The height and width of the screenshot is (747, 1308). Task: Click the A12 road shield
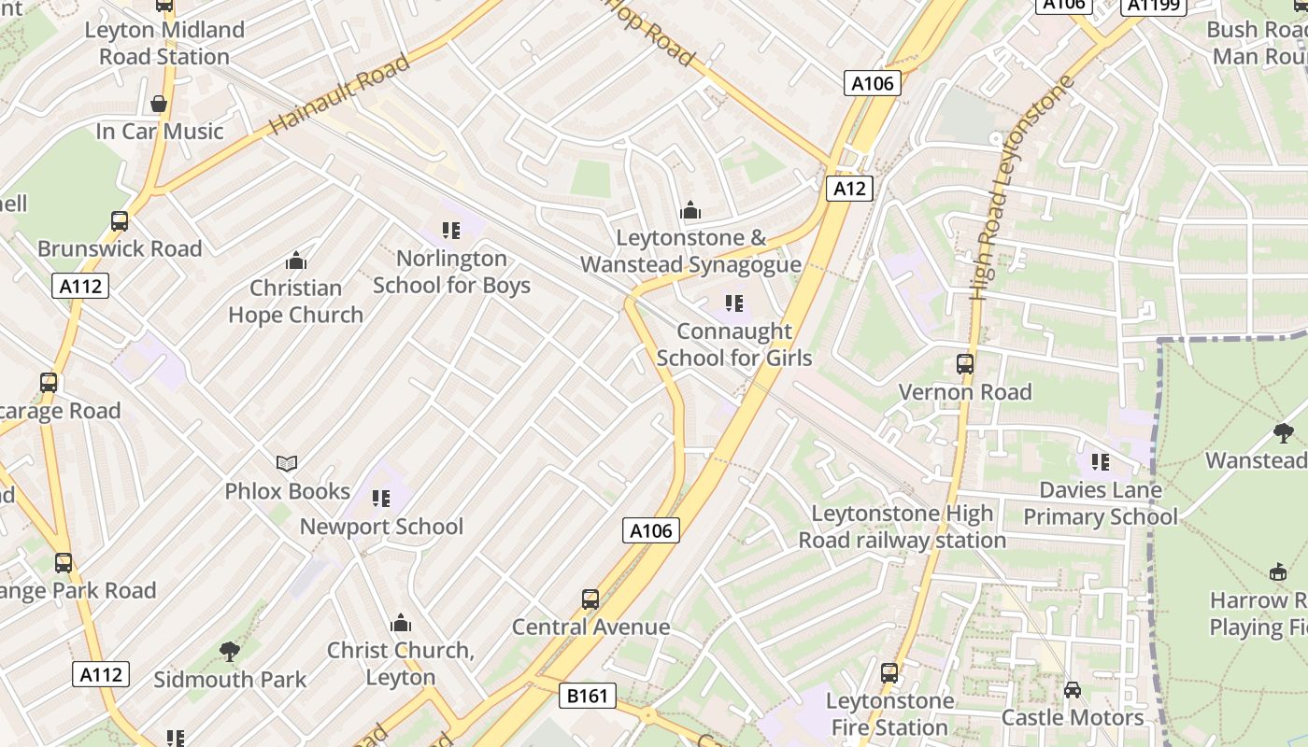click(849, 189)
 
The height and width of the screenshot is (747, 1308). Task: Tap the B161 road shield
click(589, 696)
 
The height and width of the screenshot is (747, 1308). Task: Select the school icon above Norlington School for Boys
click(451, 230)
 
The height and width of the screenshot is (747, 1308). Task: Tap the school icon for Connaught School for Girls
click(734, 303)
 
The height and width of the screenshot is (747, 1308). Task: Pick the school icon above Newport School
click(380, 499)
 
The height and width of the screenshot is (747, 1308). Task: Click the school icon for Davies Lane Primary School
click(1100, 461)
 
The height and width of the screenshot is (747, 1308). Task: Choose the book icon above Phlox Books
click(287, 463)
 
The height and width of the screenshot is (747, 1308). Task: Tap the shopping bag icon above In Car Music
click(159, 104)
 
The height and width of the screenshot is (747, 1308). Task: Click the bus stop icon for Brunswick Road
click(120, 221)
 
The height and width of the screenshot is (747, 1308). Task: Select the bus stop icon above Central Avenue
click(590, 599)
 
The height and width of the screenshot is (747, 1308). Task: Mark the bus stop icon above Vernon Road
click(965, 364)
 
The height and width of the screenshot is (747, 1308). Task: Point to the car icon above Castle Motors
click(1072, 690)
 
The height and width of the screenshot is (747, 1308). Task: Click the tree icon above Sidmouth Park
click(229, 652)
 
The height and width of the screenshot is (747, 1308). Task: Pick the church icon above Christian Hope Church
click(296, 260)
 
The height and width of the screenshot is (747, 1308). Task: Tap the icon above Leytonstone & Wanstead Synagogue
click(690, 210)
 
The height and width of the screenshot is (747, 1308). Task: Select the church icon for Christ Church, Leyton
click(401, 623)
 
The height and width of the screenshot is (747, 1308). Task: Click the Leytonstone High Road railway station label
click(902, 527)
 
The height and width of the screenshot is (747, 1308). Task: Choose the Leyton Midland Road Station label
click(164, 43)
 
